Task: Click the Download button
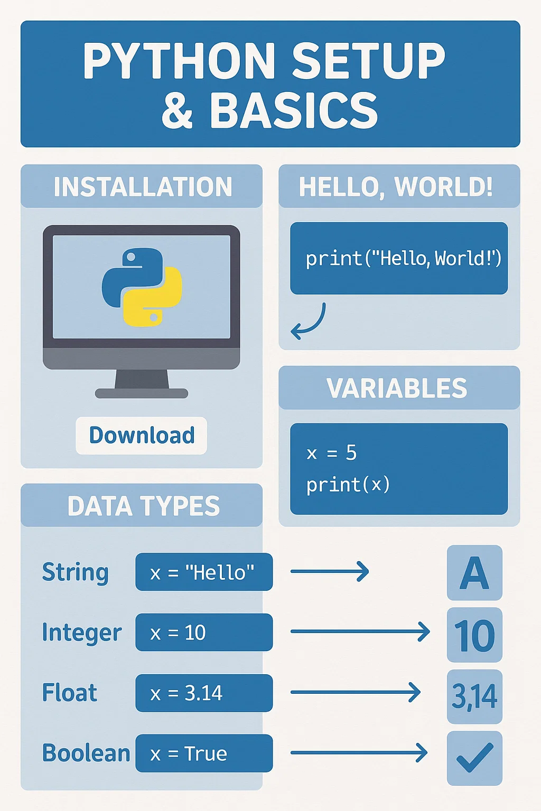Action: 141,436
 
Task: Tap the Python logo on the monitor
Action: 142,287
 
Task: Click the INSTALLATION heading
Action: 143,186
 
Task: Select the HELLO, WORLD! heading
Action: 396,186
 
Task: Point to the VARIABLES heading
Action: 397,388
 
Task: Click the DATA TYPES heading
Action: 143,506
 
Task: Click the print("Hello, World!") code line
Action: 403,258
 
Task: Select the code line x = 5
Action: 332,453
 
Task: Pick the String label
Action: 76,572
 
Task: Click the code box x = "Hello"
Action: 204,572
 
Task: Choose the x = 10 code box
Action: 204,633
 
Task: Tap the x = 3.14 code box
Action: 204,693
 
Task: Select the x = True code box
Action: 204,753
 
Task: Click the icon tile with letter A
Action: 474,573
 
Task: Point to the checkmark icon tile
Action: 474,758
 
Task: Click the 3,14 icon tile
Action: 474,696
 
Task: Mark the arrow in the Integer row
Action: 360,631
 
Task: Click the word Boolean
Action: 86,753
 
